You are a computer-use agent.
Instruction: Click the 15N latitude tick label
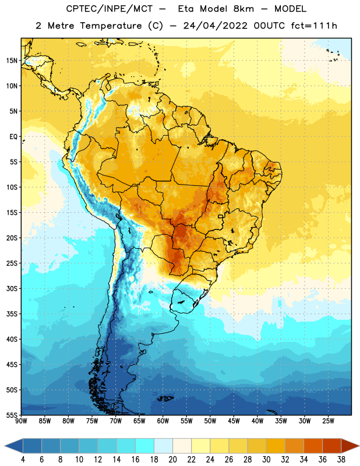pos(12,61)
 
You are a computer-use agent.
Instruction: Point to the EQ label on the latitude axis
pos(13,137)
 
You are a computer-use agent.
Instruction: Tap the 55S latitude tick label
pos(12,415)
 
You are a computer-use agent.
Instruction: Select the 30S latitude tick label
pos(12,288)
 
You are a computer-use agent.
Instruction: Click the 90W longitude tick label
pos(21,421)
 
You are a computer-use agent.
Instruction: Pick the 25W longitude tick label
pos(328,421)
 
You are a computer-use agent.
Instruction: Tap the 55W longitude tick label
pos(186,421)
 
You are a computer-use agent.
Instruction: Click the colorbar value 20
pos(172,460)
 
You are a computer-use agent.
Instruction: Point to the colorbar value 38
pos(341,460)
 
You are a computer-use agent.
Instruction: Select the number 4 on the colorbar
pos(23,460)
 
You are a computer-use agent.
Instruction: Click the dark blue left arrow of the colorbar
pos(14,446)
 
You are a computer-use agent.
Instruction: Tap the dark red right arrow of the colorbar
pos(351,446)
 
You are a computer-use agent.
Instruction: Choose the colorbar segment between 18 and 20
pos(163,446)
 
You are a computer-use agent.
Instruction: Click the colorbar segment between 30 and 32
pos(276,446)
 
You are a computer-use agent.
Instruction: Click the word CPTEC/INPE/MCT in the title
pos(110,9)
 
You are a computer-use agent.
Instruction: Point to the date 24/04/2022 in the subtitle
pos(215,26)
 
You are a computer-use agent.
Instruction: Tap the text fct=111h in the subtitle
pos(314,26)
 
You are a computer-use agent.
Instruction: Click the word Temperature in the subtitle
pos(111,26)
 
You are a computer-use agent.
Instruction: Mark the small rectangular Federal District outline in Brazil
pos(221,216)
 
